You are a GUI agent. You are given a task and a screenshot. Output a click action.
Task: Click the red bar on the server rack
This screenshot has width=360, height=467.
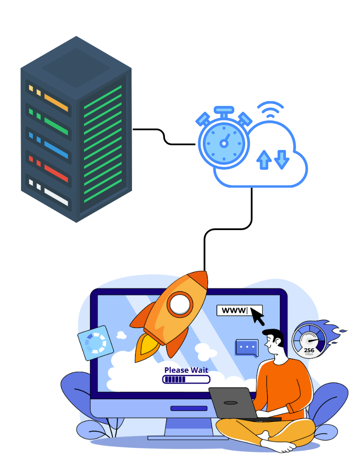tap(56, 173)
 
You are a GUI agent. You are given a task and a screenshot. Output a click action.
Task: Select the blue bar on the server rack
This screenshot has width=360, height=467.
tap(56, 150)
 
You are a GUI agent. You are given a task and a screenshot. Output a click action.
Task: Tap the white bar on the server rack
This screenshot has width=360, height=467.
tap(56, 197)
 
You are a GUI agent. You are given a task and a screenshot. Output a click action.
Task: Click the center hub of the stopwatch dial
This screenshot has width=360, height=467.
tap(224, 144)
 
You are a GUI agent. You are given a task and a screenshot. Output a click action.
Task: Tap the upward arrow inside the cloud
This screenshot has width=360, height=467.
tap(264, 160)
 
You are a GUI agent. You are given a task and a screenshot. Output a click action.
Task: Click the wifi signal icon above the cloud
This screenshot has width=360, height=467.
tap(270, 109)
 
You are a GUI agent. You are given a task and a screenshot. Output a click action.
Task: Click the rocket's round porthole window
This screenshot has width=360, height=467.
tap(180, 304)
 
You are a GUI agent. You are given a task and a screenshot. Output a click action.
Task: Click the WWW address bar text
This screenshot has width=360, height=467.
tap(234, 310)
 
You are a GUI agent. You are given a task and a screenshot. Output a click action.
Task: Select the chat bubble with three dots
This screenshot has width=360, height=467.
tap(247, 348)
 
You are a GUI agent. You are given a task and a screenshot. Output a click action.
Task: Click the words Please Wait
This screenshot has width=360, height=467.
tap(186, 370)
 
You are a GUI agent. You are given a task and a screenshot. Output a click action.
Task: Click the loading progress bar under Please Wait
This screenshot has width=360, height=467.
tap(186, 380)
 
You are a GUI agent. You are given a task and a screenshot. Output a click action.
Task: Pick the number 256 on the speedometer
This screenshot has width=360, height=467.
tap(309, 350)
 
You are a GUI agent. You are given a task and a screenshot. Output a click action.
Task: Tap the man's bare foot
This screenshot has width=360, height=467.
tap(279, 445)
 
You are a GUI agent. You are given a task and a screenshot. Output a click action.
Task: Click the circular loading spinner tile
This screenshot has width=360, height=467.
tap(96, 343)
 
